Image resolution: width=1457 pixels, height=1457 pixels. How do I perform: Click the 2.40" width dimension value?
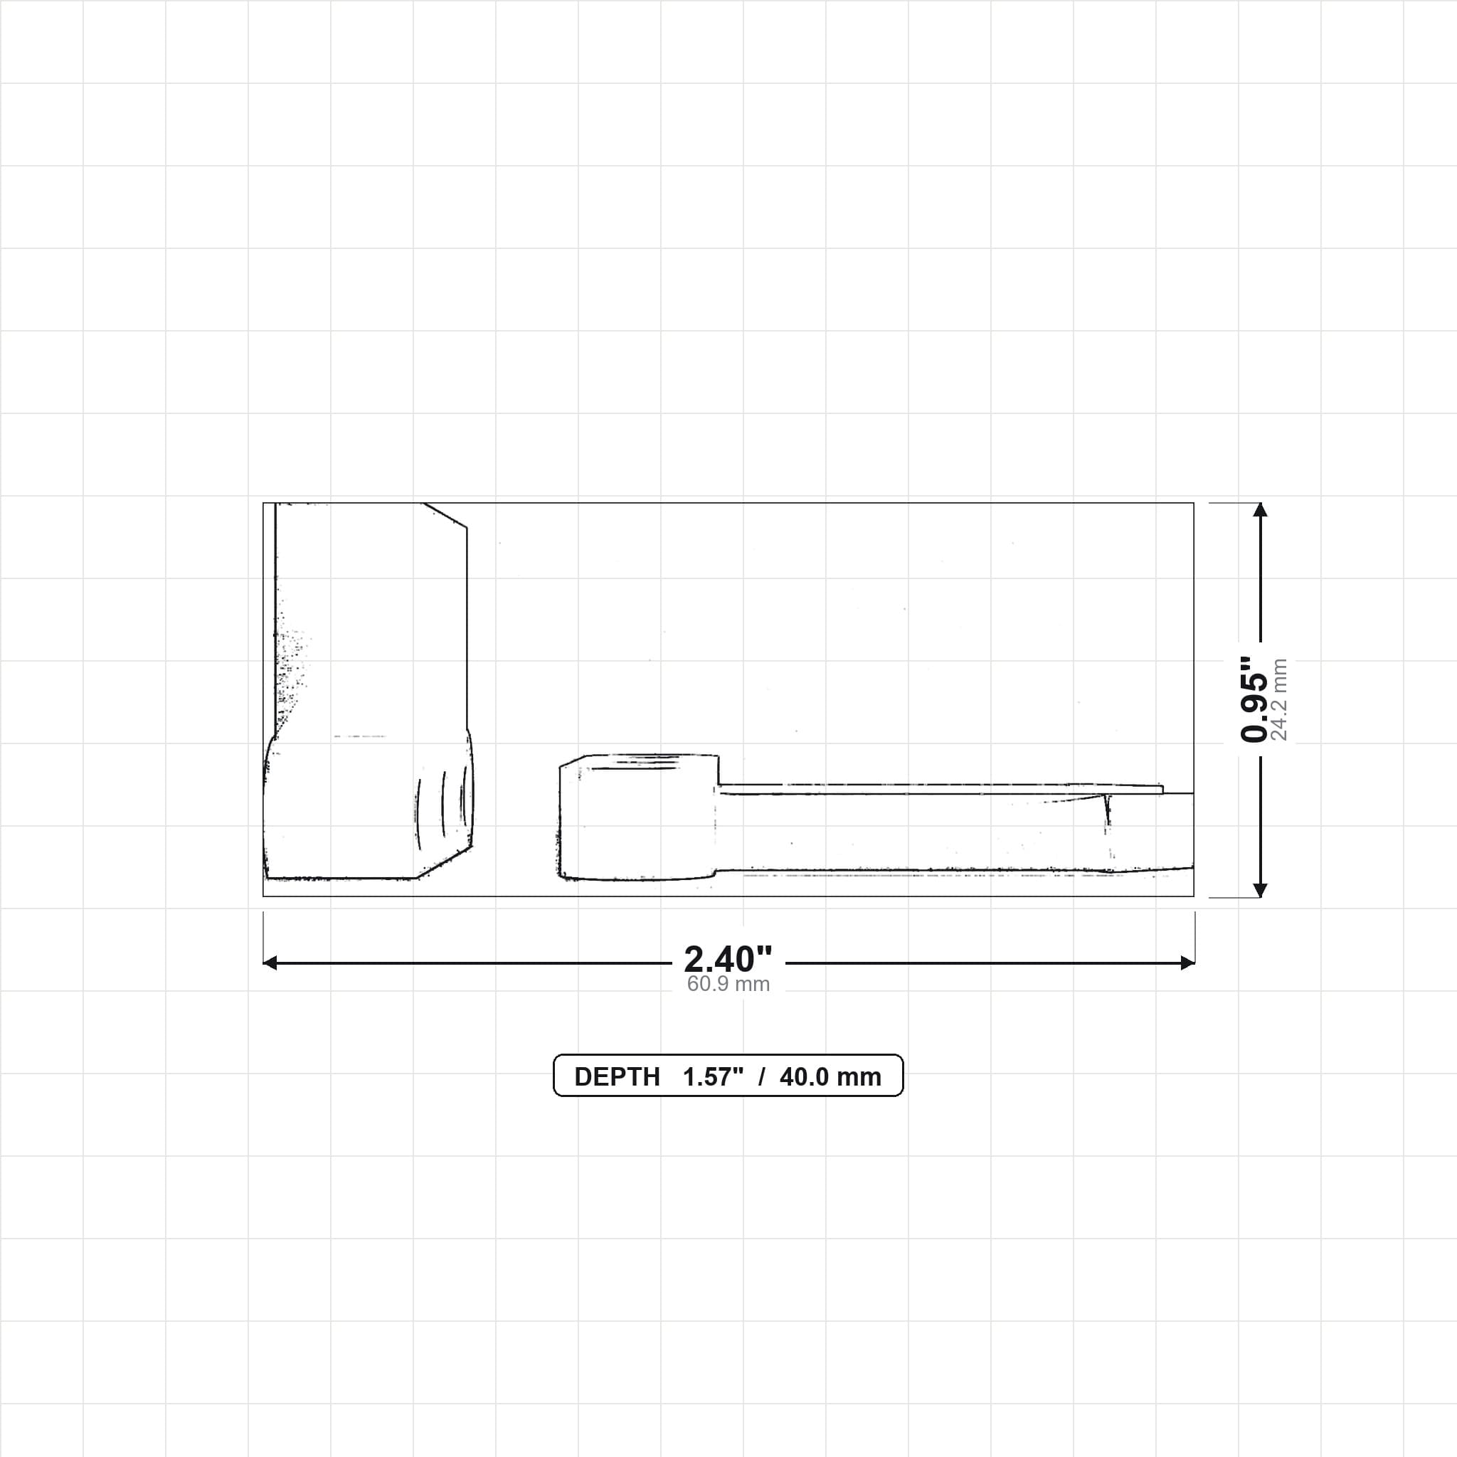pos(728,959)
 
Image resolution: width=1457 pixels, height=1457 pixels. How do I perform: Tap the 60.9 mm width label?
pos(728,984)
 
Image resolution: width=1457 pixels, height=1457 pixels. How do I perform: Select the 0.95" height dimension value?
pos(1254,699)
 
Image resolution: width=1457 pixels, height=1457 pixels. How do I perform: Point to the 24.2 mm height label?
pos(1279,699)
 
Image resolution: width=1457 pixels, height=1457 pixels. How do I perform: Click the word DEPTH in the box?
pos(617,1077)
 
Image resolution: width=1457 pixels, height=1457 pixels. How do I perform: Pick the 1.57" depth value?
pos(713,1077)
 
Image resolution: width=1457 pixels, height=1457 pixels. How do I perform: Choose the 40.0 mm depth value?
pos(830,1077)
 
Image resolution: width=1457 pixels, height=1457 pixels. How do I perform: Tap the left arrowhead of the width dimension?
pos(270,963)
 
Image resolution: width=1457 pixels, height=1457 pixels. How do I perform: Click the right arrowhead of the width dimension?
pos(1188,963)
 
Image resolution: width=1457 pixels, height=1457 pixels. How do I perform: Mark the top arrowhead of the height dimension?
pos(1260,510)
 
